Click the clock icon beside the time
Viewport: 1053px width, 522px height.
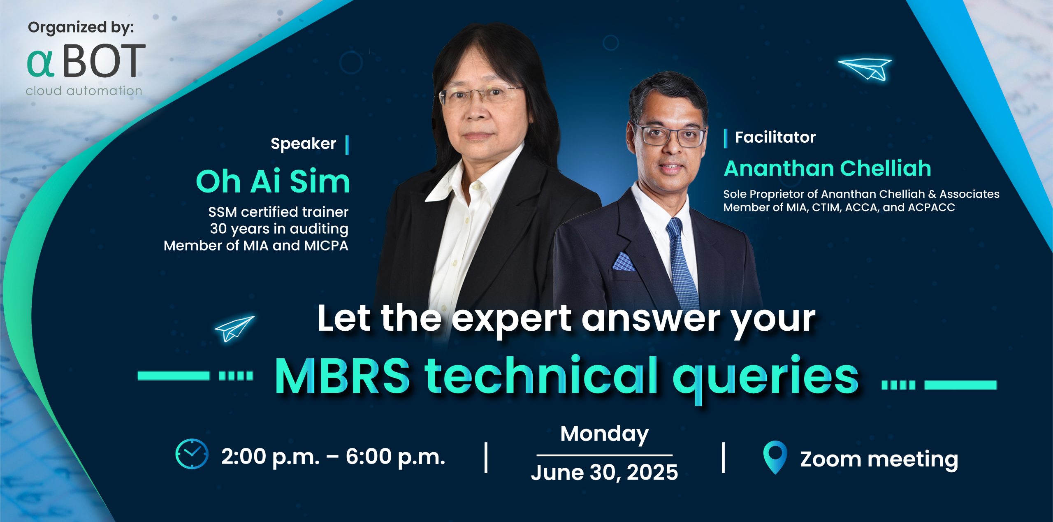tap(192, 454)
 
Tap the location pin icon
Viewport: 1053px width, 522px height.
tap(775, 457)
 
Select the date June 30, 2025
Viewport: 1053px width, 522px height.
tap(604, 472)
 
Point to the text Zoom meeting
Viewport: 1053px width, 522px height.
tap(879, 459)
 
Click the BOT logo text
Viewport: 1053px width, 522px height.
tap(104, 61)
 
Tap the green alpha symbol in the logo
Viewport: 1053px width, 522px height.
tap(40, 64)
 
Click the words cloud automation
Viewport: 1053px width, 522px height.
tap(84, 91)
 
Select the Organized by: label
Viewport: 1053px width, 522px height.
tap(81, 28)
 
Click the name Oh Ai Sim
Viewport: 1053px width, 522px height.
tap(273, 181)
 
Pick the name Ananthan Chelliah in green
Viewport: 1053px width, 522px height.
tap(827, 168)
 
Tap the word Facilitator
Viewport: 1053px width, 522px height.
tap(775, 137)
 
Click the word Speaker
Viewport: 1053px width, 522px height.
tap(303, 144)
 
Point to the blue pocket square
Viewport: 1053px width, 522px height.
tap(624, 262)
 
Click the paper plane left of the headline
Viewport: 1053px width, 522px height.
tap(234, 329)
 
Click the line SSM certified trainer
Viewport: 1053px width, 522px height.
tap(278, 212)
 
